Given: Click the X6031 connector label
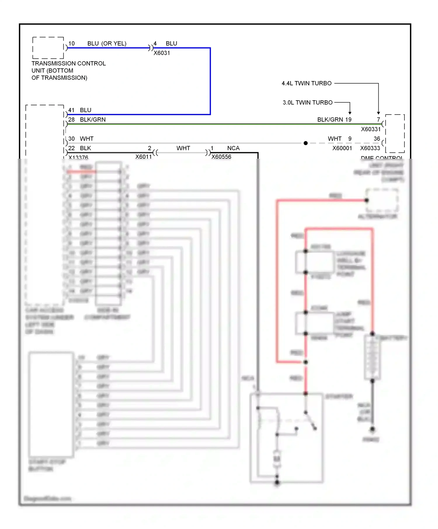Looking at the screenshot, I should [162, 53].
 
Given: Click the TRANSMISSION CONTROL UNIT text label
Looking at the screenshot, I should [68, 71].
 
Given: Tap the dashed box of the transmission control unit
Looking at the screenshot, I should [48, 48].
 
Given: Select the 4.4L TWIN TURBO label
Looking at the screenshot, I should [306, 83].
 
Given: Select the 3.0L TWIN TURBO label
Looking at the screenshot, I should [307, 103].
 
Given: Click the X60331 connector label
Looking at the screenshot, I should [371, 129].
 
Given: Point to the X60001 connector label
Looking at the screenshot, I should [342, 148].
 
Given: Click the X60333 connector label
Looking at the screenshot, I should [370, 148].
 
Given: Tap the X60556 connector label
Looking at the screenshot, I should [221, 157].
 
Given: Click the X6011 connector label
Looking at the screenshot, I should [143, 157].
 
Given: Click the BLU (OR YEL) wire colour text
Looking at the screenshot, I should [107, 43].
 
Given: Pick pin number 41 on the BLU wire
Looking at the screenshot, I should [71, 110].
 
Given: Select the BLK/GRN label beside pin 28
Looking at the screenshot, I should [93, 120].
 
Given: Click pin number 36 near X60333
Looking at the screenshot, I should [377, 139].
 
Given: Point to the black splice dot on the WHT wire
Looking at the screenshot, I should [305, 143].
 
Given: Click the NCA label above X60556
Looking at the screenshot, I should [233, 148].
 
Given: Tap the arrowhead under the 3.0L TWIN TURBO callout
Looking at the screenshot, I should [350, 113].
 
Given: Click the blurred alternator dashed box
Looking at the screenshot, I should [382, 200].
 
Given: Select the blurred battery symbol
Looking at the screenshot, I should [372, 357].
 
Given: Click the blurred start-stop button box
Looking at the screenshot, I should [51, 404].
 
